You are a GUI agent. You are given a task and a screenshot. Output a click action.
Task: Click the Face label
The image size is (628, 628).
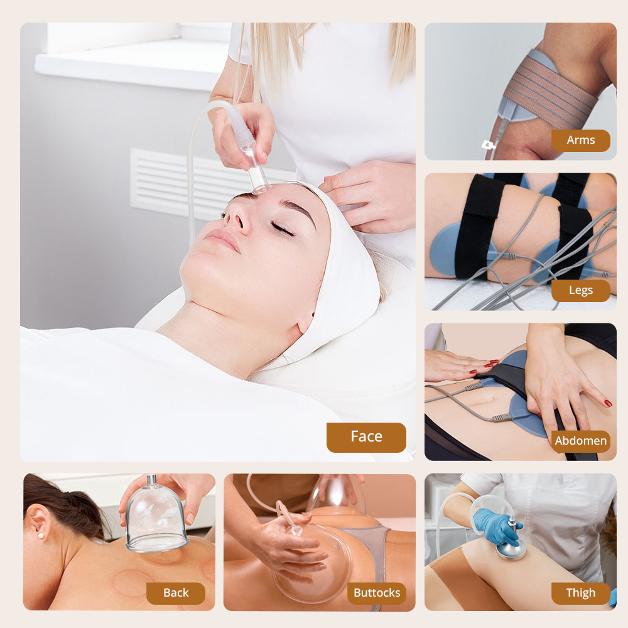366,437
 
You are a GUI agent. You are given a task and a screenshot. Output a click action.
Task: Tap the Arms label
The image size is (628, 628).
580,140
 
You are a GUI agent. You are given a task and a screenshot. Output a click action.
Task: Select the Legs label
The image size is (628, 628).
580,290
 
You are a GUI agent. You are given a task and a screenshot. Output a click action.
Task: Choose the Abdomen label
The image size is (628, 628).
580,441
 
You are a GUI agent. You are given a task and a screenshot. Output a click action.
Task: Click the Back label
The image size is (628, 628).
176,593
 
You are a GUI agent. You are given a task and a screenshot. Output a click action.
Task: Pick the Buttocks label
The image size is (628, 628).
377,593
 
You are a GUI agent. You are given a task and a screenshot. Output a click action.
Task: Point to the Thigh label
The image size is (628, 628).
580,593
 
